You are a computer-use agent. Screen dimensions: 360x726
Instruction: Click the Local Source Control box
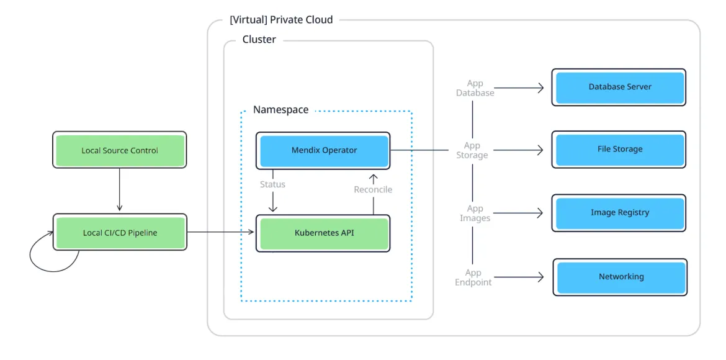pyautogui.click(x=120, y=150)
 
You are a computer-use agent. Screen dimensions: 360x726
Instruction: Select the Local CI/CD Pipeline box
pyautogui.click(x=120, y=233)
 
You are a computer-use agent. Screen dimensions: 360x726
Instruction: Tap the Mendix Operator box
pyautogui.click(x=323, y=150)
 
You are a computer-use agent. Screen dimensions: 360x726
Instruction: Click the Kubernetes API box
pyautogui.click(x=323, y=233)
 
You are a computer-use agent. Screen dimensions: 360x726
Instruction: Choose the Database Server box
pyautogui.click(x=619, y=87)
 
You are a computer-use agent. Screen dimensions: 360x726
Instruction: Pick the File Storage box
pyautogui.click(x=619, y=150)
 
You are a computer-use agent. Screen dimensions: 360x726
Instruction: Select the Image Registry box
pyautogui.click(x=619, y=213)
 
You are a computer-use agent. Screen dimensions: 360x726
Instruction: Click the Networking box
pyautogui.click(x=621, y=277)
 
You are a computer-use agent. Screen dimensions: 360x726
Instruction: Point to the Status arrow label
pyautogui.click(x=272, y=184)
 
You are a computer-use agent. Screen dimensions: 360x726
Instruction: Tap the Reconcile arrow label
pyautogui.click(x=373, y=189)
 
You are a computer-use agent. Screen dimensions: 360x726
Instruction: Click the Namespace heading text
pyautogui.click(x=280, y=110)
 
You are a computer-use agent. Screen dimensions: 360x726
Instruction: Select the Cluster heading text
pyautogui.click(x=259, y=40)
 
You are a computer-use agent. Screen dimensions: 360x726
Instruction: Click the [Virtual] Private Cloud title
pyautogui.click(x=281, y=20)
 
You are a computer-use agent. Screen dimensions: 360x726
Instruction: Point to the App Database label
pyautogui.click(x=475, y=88)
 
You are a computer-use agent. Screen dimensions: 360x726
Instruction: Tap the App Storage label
pyautogui.click(x=472, y=150)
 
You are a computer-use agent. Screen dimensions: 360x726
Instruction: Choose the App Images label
pyautogui.click(x=475, y=214)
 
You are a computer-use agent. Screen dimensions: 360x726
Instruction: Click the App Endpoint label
pyautogui.click(x=473, y=277)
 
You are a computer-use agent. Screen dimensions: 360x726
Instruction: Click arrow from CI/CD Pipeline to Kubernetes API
pyautogui.click(x=220, y=233)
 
